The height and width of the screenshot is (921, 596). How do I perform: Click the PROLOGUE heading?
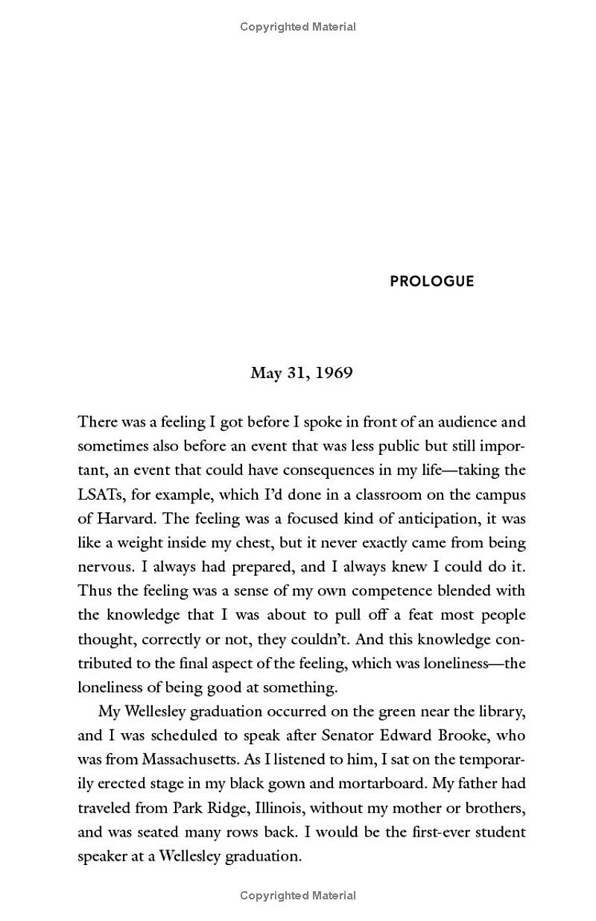(431, 281)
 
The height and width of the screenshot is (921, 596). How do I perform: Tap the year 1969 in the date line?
(334, 373)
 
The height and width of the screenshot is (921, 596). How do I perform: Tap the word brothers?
(493, 808)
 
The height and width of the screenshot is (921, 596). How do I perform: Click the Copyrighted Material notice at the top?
(298, 27)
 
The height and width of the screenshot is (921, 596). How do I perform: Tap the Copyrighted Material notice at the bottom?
(298, 896)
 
